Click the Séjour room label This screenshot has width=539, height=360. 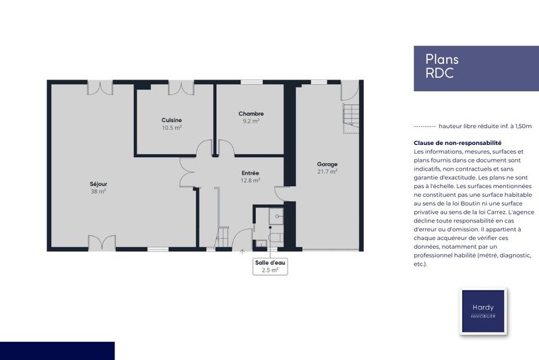point(98,184)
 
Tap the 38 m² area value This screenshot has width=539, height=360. point(98,191)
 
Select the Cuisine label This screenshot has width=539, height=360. point(172,120)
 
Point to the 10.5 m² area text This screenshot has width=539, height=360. point(172,127)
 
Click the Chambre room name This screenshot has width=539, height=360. point(251,114)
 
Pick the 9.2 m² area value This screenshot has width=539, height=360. point(251,121)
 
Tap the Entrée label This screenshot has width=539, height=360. point(250,173)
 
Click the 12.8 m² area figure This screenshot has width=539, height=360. point(250,180)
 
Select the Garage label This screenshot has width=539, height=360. point(327,164)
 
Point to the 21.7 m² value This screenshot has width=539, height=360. point(327,171)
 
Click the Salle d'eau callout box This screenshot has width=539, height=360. point(269,266)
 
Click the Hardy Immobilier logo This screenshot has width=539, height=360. point(482,311)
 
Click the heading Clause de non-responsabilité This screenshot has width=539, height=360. point(448,143)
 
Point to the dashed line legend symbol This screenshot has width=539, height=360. point(424,126)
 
